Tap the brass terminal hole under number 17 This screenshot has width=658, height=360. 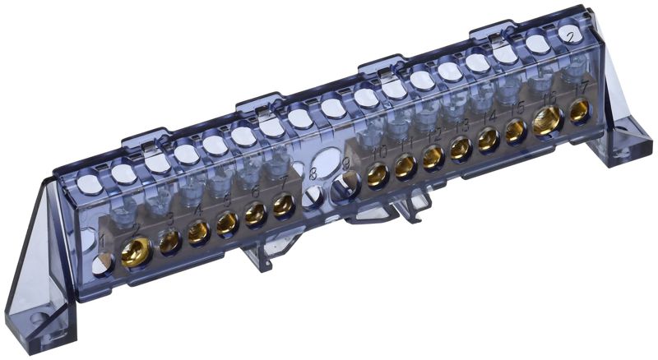tap(580, 113)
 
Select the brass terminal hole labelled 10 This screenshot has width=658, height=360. tap(378, 175)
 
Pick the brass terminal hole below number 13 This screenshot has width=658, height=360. tap(461, 148)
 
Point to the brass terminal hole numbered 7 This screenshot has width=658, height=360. tap(284, 205)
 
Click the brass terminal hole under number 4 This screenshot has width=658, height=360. tap(198, 233)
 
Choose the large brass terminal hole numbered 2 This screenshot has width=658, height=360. tap(136, 252)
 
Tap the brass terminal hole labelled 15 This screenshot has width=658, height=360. tap(517, 131)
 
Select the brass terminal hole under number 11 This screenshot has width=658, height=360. tap(405, 167)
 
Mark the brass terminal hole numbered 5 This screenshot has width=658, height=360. tap(227, 224)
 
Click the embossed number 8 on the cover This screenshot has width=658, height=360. tap(313, 173)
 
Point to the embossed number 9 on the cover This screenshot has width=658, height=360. tap(346, 164)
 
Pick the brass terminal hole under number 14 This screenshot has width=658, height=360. tap(489, 140)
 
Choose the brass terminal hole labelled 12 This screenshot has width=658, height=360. tap(433, 157)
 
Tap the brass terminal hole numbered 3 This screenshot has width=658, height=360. tap(170, 242)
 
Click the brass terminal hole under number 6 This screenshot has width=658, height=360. tap(255, 215)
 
